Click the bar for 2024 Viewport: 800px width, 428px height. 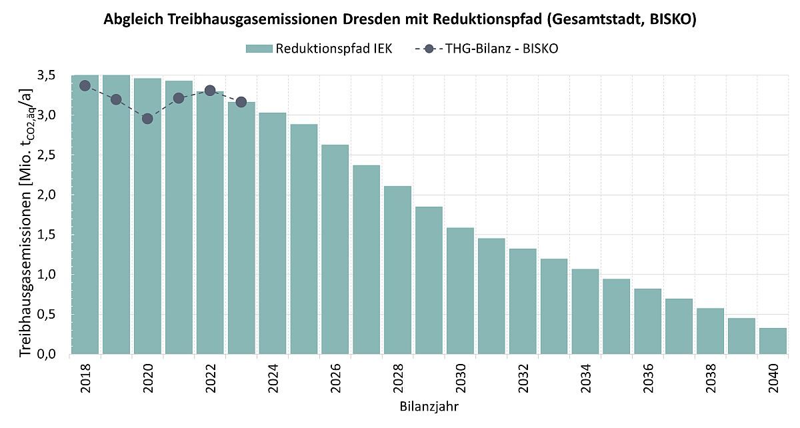pyautogui.click(x=273, y=233)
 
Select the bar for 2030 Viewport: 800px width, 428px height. pyautogui.click(x=460, y=291)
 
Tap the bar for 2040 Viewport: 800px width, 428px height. pyautogui.click(x=773, y=341)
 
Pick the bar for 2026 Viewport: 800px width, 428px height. pyautogui.click(x=335, y=249)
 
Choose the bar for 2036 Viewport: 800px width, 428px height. pyautogui.click(x=647, y=321)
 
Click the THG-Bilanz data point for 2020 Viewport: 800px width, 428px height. pyautogui.click(x=147, y=119)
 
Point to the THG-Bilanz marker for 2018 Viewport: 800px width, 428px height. pyautogui.click(x=85, y=85)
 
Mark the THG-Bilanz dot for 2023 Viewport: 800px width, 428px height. pyautogui.click(x=241, y=102)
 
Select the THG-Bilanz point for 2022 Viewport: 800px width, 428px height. pyautogui.click(x=210, y=90)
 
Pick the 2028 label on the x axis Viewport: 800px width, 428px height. pyautogui.click(x=397, y=378)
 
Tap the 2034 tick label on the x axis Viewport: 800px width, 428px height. pyautogui.click(x=585, y=378)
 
